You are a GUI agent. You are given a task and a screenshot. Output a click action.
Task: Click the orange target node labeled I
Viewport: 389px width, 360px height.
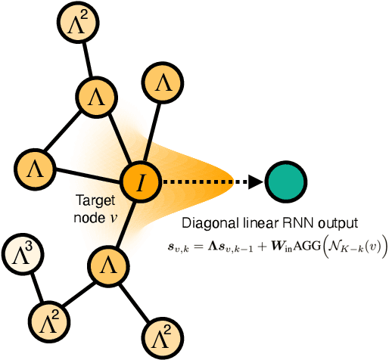(140, 182)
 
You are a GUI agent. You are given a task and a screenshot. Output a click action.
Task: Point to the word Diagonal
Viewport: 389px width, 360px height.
(204, 224)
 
